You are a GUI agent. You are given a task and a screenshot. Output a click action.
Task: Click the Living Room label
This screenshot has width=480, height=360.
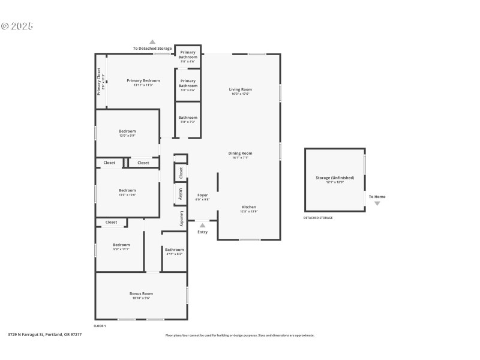(240, 89)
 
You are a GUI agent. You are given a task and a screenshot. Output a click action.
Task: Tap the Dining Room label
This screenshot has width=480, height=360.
(240, 153)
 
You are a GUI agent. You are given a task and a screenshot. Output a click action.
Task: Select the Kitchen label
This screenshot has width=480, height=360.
(249, 207)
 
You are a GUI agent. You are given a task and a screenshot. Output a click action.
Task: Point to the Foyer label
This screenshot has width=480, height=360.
(203, 195)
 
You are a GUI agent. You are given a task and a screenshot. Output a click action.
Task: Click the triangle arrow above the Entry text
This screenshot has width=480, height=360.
(202, 226)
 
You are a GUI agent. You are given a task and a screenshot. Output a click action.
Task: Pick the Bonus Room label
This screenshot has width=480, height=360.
(141, 293)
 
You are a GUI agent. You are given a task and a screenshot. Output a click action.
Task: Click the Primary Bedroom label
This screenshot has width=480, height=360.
(143, 80)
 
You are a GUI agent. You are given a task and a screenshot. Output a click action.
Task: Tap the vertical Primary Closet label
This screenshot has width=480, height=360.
(100, 81)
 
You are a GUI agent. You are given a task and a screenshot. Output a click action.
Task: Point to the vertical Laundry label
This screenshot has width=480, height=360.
(181, 218)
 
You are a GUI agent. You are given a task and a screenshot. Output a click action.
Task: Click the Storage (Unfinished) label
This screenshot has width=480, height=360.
(335, 178)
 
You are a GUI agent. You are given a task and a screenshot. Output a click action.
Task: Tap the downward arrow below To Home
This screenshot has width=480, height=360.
(377, 203)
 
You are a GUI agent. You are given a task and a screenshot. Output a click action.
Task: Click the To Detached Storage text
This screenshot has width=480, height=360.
(152, 48)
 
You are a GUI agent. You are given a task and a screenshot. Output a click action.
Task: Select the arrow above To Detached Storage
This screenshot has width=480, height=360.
(152, 42)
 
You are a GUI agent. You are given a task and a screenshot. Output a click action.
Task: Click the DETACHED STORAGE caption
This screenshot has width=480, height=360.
(318, 218)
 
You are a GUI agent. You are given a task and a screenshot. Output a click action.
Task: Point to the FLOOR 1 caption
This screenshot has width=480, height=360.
(100, 326)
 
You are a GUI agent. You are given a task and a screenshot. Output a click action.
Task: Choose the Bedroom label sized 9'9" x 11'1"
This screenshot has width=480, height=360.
(121, 245)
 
